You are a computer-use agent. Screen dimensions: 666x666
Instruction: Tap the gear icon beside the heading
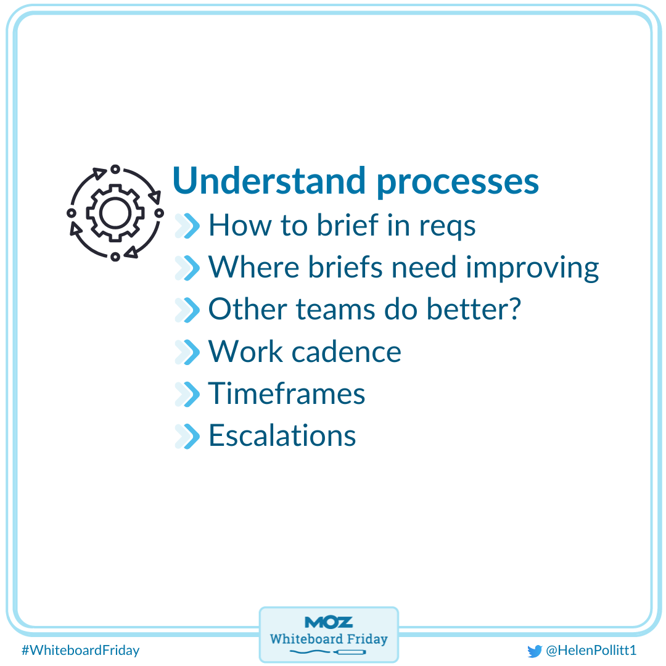click(115, 213)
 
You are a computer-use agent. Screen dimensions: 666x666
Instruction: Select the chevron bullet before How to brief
click(188, 226)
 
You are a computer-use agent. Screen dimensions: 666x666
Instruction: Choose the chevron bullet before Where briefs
click(188, 268)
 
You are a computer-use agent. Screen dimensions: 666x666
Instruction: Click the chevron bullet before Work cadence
click(188, 351)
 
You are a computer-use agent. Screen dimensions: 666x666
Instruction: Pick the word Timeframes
click(287, 393)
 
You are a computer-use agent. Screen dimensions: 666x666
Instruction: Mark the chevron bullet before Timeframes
click(188, 393)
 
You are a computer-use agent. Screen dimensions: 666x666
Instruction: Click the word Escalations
click(282, 435)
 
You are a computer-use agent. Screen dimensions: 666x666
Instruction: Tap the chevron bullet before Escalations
click(188, 435)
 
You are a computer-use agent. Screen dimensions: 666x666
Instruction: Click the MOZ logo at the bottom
click(329, 622)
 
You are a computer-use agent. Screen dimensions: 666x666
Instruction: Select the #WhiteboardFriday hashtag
click(80, 650)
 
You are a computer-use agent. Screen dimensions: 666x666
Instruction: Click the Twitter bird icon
click(534, 651)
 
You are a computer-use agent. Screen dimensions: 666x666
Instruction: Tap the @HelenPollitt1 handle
click(591, 651)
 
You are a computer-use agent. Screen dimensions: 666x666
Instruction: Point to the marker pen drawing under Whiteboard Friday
click(348, 652)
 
